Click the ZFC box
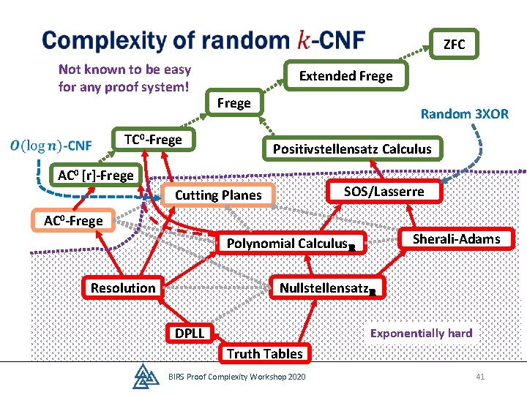tap(454, 44)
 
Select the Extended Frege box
tap(345, 75)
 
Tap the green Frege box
tap(234, 102)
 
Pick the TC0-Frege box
tap(153, 139)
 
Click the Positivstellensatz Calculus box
tap(352, 148)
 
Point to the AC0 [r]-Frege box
tap(96, 175)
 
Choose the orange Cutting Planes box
tap(218, 195)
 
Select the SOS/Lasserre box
tap(384, 192)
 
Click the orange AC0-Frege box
tap(73, 220)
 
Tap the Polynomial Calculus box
tap(291, 243)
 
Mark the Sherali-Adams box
tap(457, 238)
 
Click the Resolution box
tap(123, 287)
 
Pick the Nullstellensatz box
tap(328, 288)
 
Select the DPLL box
tap(190, 333)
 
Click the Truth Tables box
tap(265, 353)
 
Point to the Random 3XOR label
tap(465, 114)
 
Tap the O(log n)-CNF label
tap(51, 146)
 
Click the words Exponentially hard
tap(422, 334)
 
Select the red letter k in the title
tap(304, 39)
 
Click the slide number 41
tap(480, 377)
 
